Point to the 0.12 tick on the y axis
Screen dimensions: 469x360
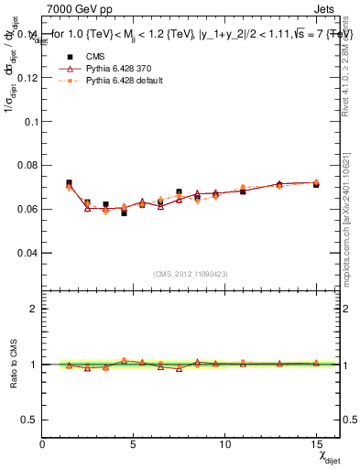pyautogui.click(x=27, y=78)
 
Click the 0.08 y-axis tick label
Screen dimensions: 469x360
pyautogui.click(x=27, y=165)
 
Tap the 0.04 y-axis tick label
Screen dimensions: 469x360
pyautogui.click(x=27, y=252)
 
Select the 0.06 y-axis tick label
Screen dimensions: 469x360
pyautogui.click(x=27, y=209)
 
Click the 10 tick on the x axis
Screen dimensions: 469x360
pyautogui.click(x=225, y=444)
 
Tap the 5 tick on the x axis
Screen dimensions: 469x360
pyautogui.click(x=134, y=444)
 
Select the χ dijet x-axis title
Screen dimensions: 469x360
pyautogui.click(x=323, y=456)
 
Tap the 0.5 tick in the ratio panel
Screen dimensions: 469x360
pyautogui.click(x=29, y=420)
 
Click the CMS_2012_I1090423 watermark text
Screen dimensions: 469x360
pyautogui.click(x=191, y=273)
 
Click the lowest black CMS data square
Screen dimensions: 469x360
pyautogui.click(x=124, y=213)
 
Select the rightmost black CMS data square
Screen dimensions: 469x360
pyautogui.click(x=316, y=184)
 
